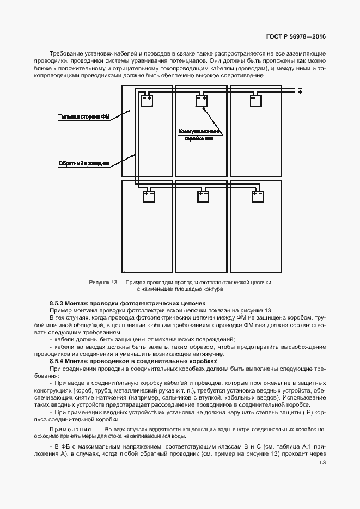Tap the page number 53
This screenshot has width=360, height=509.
pos(322,463)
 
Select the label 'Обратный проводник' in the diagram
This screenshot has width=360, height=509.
pos(84,163)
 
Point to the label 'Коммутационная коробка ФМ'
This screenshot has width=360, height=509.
pos(199,135)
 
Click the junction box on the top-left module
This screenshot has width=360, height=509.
pos(147,100)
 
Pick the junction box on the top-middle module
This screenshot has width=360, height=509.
pos(201,100)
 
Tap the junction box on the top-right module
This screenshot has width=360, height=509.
pos(255,100)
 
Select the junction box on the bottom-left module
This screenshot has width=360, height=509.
pos(149,196)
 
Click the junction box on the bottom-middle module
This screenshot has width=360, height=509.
pos(203,196)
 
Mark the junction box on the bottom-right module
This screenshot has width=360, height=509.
pos(257,196)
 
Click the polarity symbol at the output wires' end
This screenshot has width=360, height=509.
pos(299,90)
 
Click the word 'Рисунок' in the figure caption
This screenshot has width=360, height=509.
pos(99,283)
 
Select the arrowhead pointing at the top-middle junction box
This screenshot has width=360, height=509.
pos(203,108)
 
